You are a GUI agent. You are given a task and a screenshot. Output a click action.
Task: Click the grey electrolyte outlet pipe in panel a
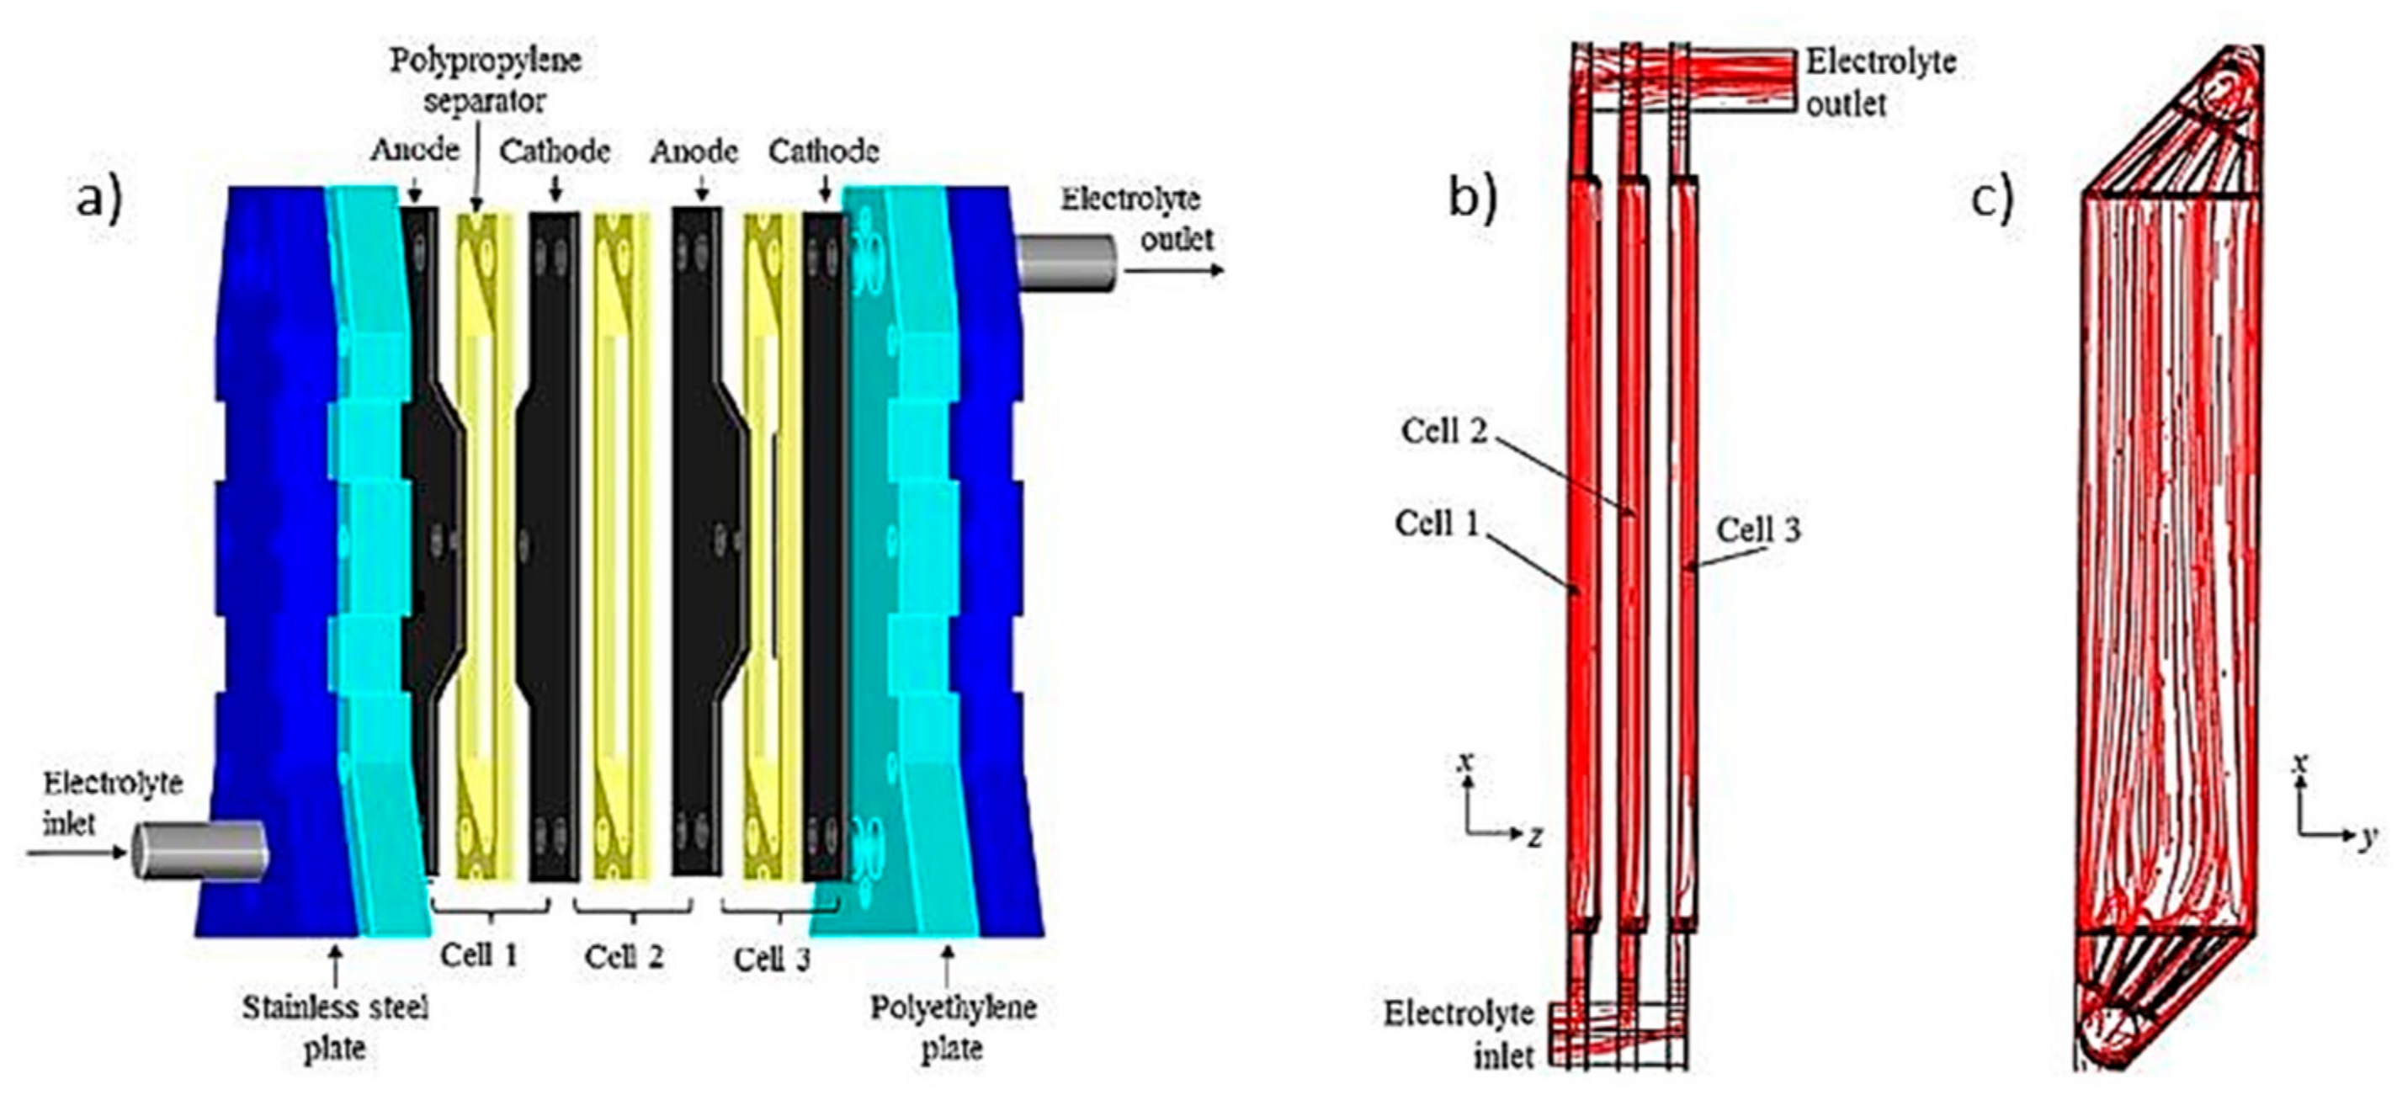(x=1066, y=263)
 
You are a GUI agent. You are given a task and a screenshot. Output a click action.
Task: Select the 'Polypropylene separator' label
(x=485, y=80)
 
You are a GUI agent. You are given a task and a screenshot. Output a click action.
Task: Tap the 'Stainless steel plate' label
(x=335, y=1028)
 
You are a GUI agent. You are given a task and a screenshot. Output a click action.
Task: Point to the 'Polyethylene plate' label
(x=953, y=1028)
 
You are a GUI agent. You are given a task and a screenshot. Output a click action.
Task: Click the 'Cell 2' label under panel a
(x=624, y=955)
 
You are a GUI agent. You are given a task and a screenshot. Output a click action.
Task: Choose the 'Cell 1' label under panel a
(x=478, y=954)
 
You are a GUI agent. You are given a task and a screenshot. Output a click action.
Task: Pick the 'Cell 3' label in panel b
(x=1757, y=529)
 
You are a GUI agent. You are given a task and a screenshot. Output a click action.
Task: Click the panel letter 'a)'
(x=98, y=198)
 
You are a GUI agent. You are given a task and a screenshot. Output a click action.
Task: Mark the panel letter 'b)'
(x=1473, y=198)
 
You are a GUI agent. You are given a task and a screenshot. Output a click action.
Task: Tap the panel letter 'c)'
(x=1992, y=198)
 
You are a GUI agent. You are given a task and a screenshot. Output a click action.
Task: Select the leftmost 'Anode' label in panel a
(x=415, y=150)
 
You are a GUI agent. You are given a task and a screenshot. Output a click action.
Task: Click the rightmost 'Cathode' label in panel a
(x=823, y=151)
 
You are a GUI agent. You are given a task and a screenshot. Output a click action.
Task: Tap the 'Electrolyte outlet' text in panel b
(x=1879, y=82)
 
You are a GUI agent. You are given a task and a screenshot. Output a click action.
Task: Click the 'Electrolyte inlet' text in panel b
(x=1458, y=1034)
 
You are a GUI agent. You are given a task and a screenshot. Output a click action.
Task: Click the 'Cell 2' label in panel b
(x=1444, y=431)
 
